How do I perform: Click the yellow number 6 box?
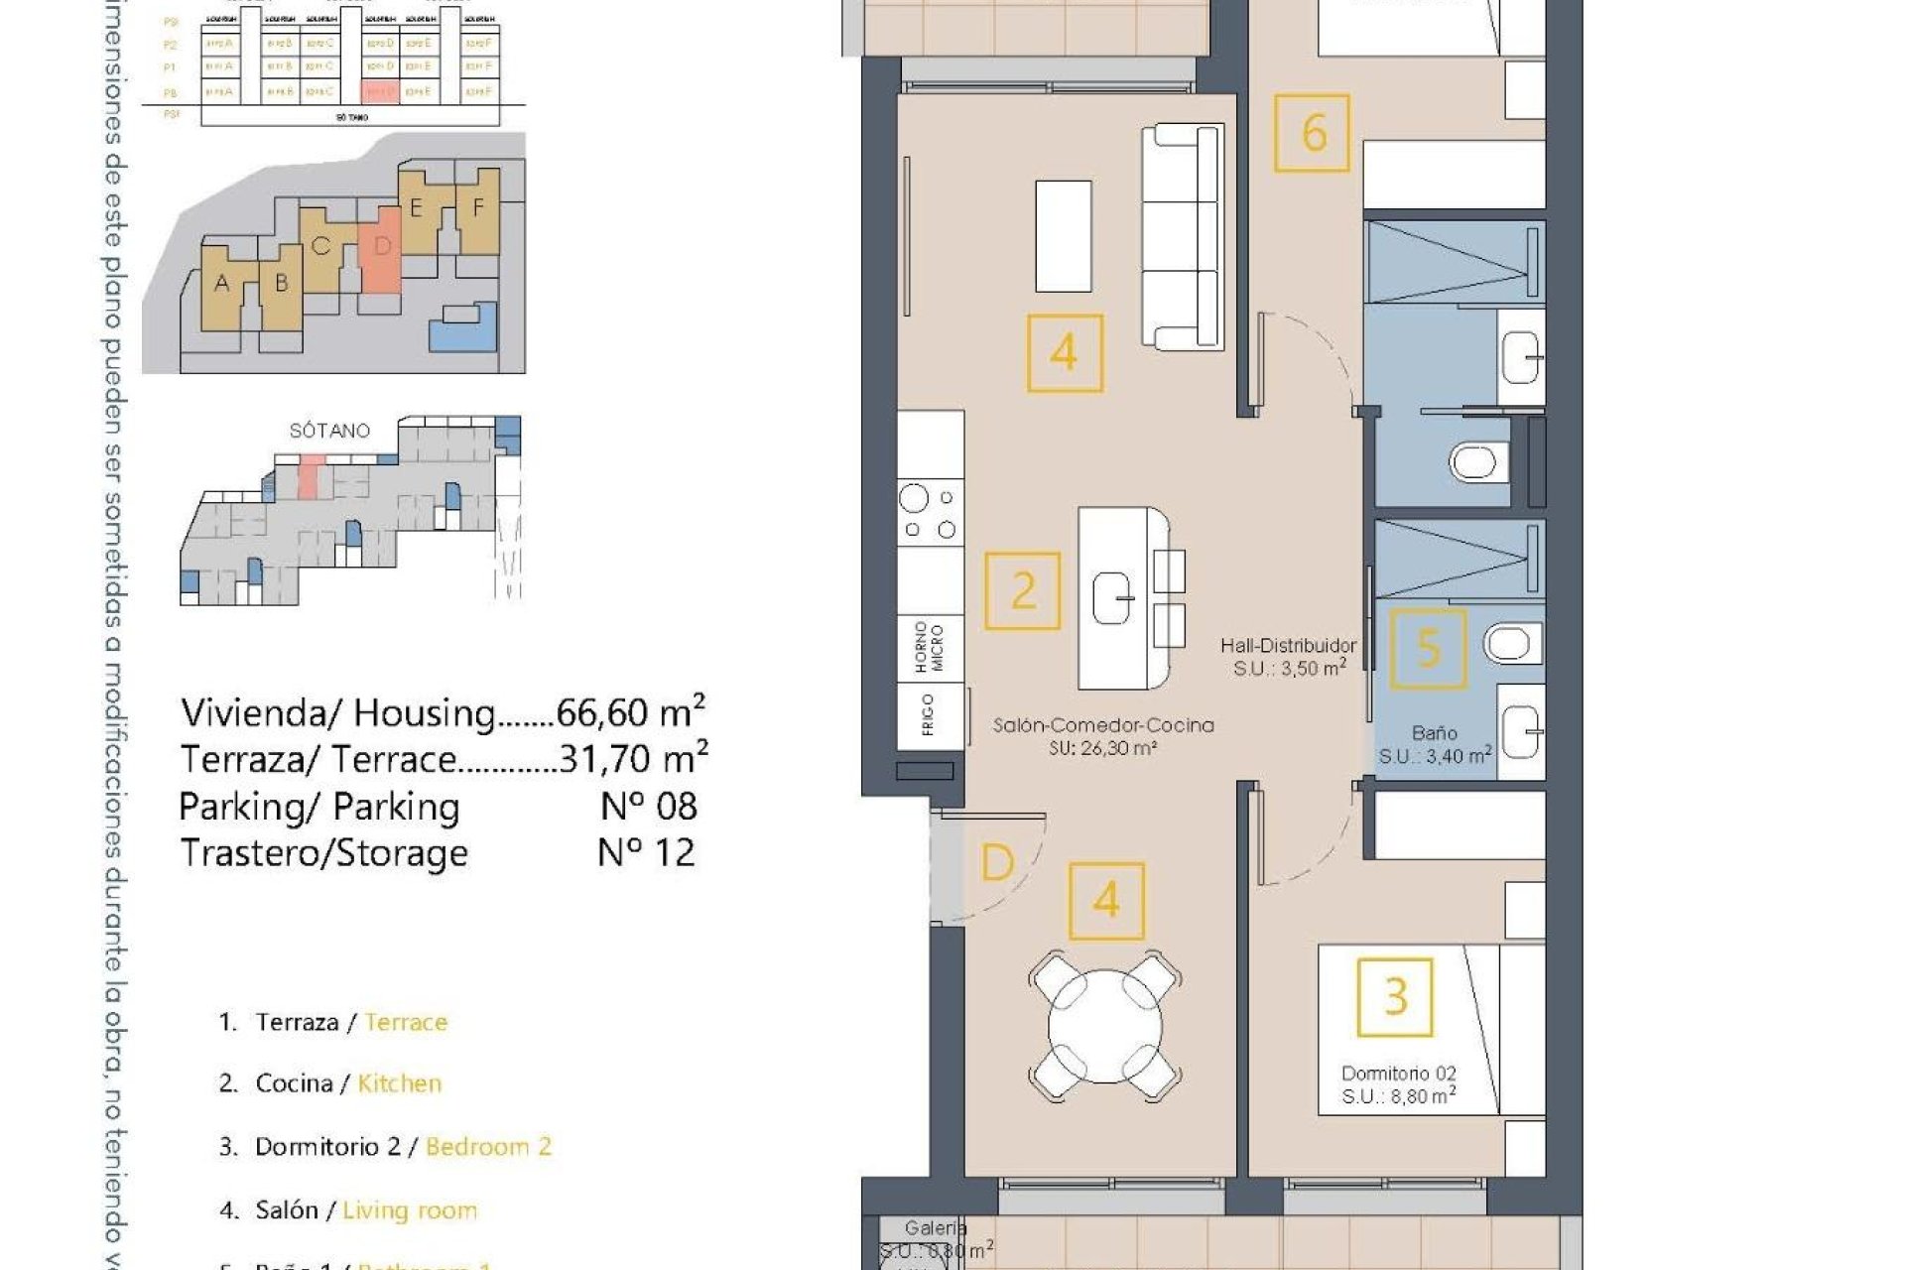coord(1312,133)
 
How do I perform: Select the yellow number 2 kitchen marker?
coord(1022,591)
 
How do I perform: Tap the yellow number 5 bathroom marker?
coord(1428,648)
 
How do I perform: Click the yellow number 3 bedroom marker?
coord(1394,996)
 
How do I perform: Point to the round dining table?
coord(1105,1025)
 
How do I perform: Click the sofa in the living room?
coord(1181,236)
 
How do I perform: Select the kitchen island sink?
coord(1113,599)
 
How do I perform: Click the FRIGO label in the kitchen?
coord(929,714)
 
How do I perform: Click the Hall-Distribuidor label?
coord(1288,646)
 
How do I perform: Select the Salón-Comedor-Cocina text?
coord(1103,725)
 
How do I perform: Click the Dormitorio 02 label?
coord(1398,1074)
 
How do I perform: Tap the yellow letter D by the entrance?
coord(997,862)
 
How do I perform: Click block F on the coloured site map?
coord(478,208)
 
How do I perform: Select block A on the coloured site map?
coord(222,285)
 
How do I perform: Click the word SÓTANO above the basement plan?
coord(329,431)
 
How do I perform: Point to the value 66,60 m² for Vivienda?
coord(630,712)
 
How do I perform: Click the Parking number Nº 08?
coord(649,806)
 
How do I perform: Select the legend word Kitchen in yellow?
coord(399,1083)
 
